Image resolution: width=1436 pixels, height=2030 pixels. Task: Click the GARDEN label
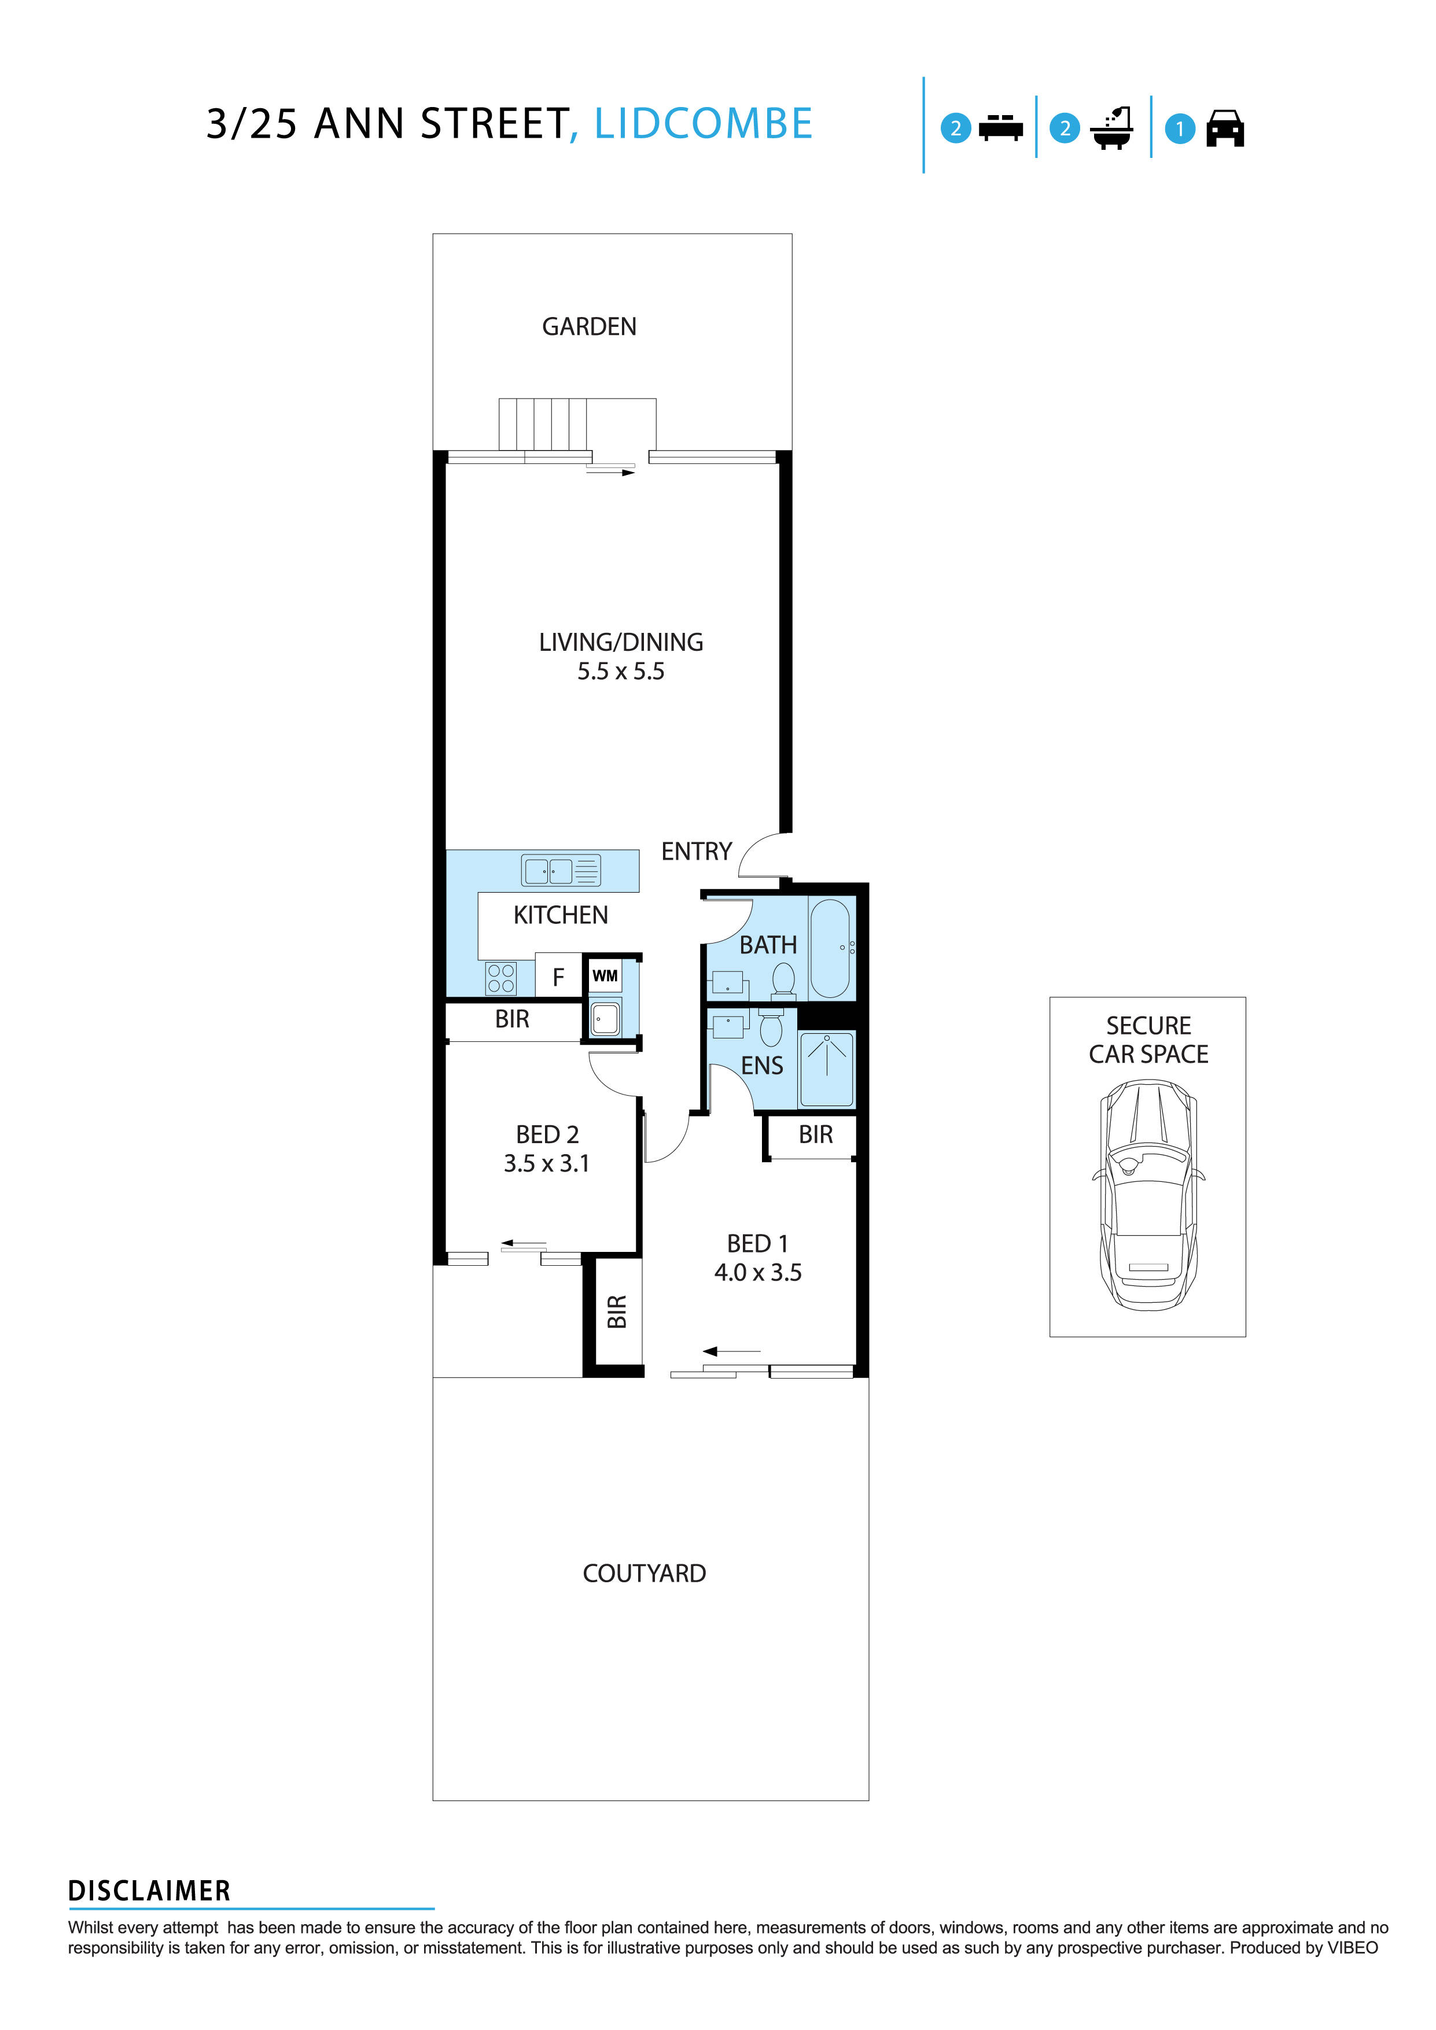[x=589, y=327]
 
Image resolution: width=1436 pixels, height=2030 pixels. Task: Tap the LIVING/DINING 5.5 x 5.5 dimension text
[x=621, y=672]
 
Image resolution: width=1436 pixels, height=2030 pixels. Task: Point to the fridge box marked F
[x=558, y=977]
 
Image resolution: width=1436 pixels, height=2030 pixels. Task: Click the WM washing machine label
[x=605, y=976]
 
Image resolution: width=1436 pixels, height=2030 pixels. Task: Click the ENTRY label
[x=696, y=852]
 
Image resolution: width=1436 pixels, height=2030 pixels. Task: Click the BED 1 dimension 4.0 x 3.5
[x=758, y=1273]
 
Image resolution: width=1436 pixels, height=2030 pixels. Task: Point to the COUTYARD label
[x=644, y=1574]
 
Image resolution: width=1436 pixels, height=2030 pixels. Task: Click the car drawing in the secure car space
[x=1148, y=1195]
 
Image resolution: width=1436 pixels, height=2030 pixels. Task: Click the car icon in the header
[x=1225, y=128]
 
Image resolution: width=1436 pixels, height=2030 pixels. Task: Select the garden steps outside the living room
[x=542, y=425]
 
